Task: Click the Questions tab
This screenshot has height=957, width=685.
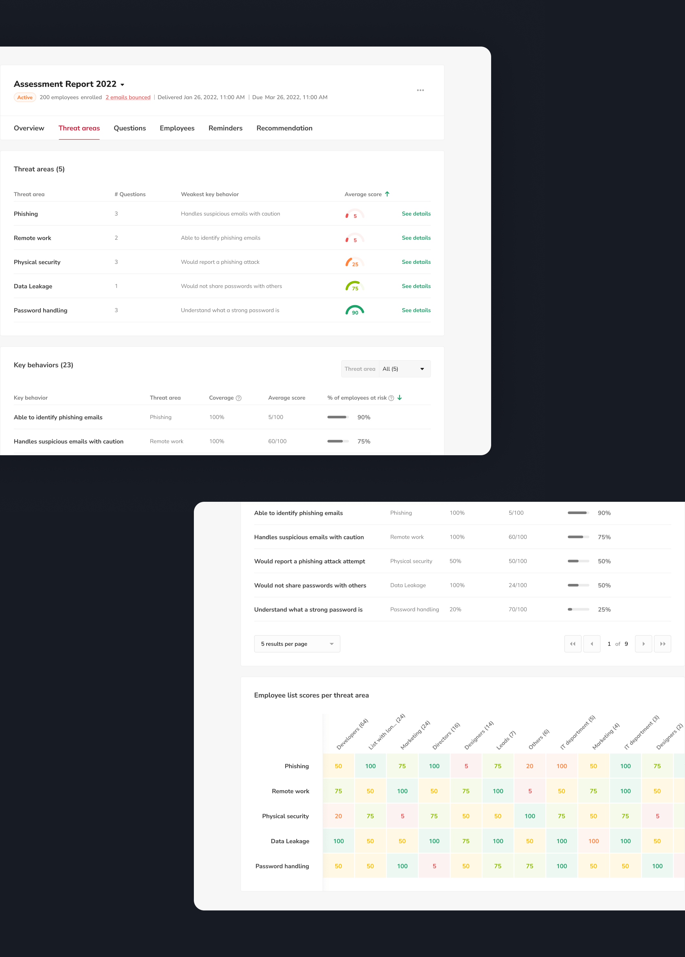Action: (x=130, y=128)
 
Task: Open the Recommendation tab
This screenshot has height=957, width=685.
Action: (x=284, y=128)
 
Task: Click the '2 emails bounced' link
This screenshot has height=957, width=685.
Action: (x=128, y=97)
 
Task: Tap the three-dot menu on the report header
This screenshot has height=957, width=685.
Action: (x=420, y=90)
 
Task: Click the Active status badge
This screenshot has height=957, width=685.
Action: (x=25, y=97)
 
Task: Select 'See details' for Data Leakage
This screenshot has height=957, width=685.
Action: (x=416, y=286)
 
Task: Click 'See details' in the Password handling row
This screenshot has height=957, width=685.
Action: (x=416, y=310)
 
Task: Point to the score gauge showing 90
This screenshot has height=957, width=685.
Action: (x=355, y=311)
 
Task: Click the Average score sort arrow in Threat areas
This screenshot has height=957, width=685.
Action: (x=387, y=194)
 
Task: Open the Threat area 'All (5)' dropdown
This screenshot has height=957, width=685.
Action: (x=404, y=369)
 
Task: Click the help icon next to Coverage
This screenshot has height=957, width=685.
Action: (x=239, y=398)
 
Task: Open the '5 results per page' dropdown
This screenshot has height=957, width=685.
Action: (x=297, y=644)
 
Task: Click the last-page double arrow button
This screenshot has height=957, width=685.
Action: (x=662, y=644)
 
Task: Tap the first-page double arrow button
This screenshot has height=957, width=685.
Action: (x=572, y=644)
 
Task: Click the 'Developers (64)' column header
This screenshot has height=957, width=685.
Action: (x=352, y=734)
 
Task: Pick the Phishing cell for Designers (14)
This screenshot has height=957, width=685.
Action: (x=466, y=766)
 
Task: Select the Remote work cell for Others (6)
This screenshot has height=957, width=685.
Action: (x=530, y=791)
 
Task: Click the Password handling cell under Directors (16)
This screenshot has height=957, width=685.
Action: (x=434, y=866)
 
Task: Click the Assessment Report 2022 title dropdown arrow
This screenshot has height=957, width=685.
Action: (x=122, y=85)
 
